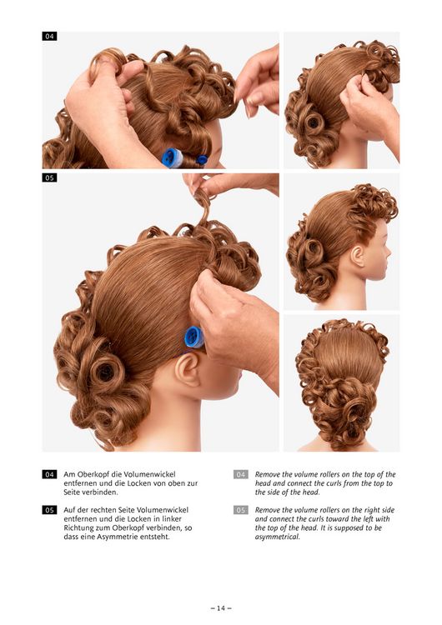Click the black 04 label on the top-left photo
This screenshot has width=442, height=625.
pos(49,37)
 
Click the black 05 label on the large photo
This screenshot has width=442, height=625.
pos(49,177)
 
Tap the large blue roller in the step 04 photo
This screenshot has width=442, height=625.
pos(173,157)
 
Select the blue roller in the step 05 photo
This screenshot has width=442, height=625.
pos(194,337)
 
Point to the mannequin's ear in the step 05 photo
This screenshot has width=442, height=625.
pos(188,369)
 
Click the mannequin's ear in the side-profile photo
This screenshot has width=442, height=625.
pos(358,256)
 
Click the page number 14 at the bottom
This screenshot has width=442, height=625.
pos(221,607)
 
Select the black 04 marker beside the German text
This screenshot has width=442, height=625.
pos(49,474)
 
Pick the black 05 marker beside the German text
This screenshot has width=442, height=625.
pos(49,510)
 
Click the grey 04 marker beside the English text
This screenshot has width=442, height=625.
pos(240,474)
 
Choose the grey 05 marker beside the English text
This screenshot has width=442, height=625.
pos(240,510)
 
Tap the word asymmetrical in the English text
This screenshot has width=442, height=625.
pos(277,537)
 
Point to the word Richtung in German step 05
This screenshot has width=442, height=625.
pos(78,527)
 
